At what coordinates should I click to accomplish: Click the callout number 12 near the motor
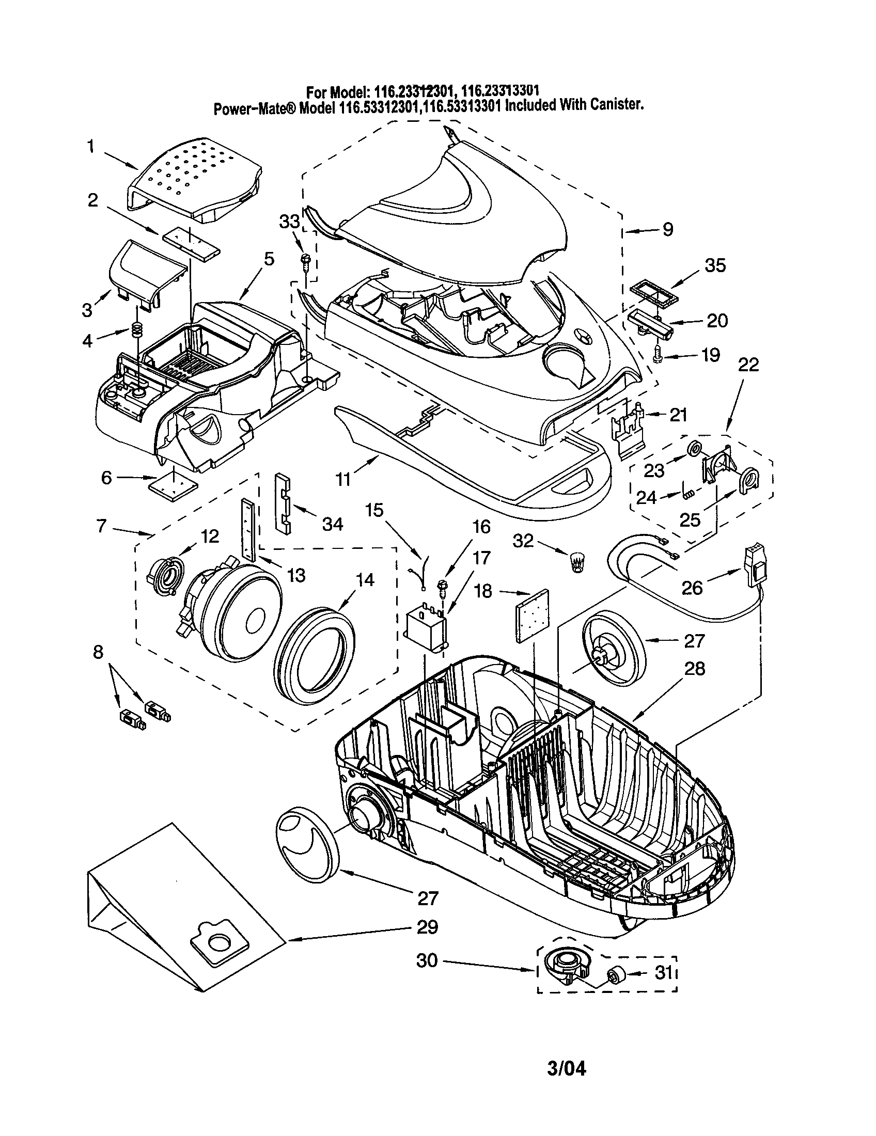(210, 537)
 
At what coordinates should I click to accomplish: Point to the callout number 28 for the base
(695, 668)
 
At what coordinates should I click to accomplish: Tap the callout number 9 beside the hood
(667, 229)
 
